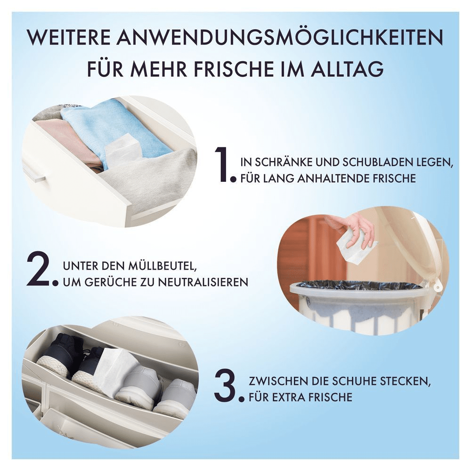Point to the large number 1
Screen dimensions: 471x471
point(222,165)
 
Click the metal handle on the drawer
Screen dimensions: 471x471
point(35,175)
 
